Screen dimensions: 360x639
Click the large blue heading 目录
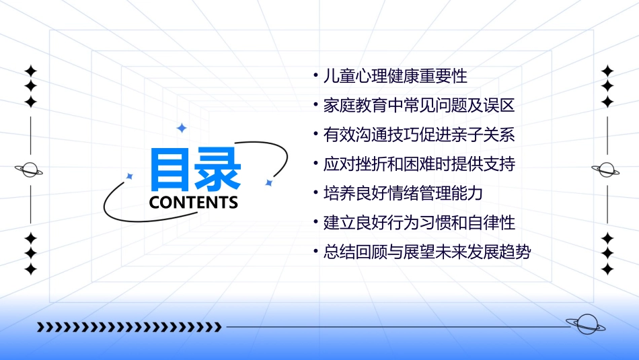pos(195,170)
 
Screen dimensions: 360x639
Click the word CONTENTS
pos(194,203)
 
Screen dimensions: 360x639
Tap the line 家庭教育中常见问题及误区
pos(418,105)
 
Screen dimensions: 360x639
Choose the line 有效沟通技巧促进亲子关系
pos(418,135)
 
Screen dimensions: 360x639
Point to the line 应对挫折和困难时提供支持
pos(418,164)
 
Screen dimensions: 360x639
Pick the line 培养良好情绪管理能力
pos(403,193)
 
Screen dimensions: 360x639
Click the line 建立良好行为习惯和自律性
pos(418,222)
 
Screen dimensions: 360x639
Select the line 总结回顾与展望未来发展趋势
pos(426,252)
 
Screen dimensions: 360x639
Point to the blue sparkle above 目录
pos(181,128)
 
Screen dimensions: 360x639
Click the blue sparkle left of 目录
pos(130,176)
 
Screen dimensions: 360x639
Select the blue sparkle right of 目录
pos(268,182)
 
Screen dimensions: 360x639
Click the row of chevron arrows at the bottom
pos(129,327)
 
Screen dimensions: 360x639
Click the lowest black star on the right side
pos(607,269)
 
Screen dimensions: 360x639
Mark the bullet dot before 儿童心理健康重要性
pos(316,74)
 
